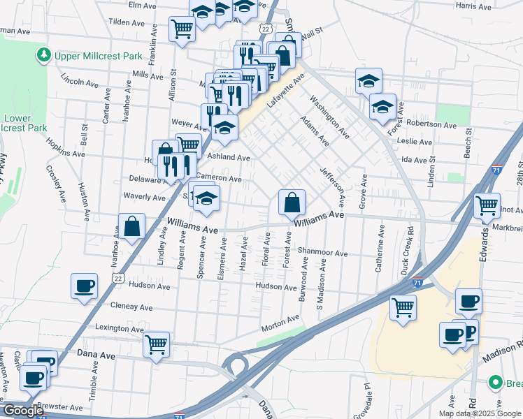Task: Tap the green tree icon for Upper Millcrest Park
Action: click(x=44, y=54)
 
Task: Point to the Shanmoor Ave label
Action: click(x=322, y=253)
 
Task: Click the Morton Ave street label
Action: click(x=280, y=322)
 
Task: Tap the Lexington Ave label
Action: click(x=120, y=328)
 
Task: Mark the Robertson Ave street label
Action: click(x=431, y=124)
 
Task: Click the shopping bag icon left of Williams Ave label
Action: click(x=131, y=226)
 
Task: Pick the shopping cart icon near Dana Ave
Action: click(x=156, y=343)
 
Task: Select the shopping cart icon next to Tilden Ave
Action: click(x=182, y=29)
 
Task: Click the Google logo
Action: click(x=24, y=411)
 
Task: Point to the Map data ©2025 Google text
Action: click(x=480, y=413)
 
